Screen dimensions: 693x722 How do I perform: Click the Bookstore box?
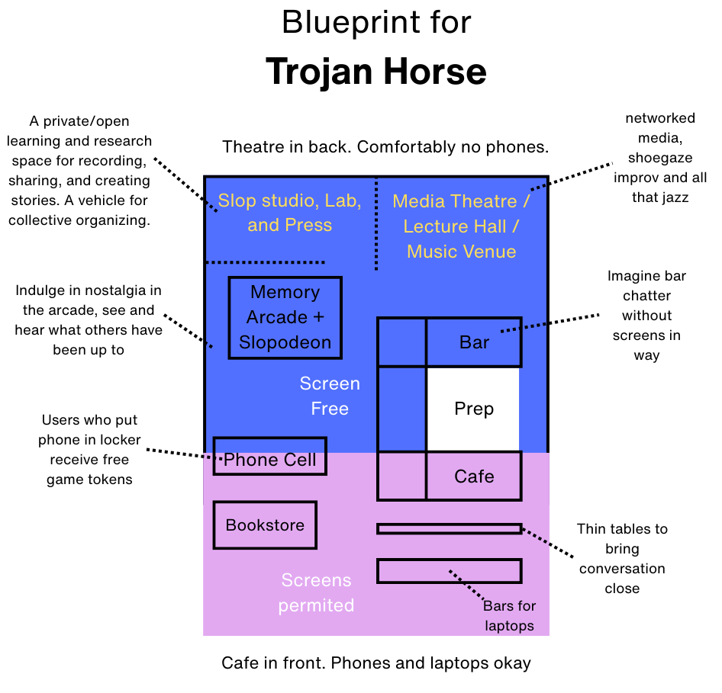point(264,525)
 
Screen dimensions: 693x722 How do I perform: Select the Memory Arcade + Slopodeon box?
point(285,317)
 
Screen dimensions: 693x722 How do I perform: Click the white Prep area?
point(473,409)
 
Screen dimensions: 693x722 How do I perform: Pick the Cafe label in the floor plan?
point(474,476)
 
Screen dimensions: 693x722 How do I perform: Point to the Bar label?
point(474,342)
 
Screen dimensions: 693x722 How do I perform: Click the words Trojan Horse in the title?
point(376,72)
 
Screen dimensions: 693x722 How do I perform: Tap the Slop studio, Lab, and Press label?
point(289,213)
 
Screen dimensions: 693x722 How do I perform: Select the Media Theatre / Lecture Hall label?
point(461,226)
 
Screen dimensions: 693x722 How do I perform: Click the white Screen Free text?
point(330,396)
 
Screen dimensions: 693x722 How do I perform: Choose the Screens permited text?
point(316,592)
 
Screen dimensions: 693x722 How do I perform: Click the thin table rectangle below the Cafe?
point(449,528)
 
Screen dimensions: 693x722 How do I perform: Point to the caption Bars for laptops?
point(509,616)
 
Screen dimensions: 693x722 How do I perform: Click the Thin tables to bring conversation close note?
point(622,558)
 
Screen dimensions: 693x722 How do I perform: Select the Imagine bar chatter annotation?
point(646,316)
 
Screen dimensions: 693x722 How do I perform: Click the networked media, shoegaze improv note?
point(660,158)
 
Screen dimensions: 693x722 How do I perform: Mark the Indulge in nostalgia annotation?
point(88,320)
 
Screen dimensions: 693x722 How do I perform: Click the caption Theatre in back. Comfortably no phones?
point(385,146)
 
